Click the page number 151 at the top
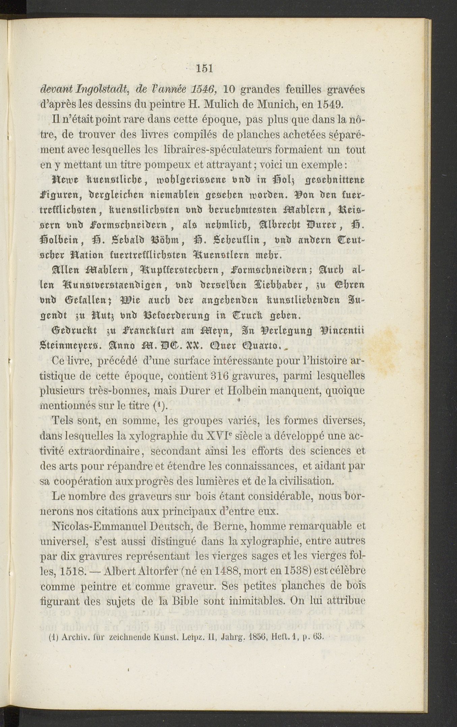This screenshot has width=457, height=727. point(205,68)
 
